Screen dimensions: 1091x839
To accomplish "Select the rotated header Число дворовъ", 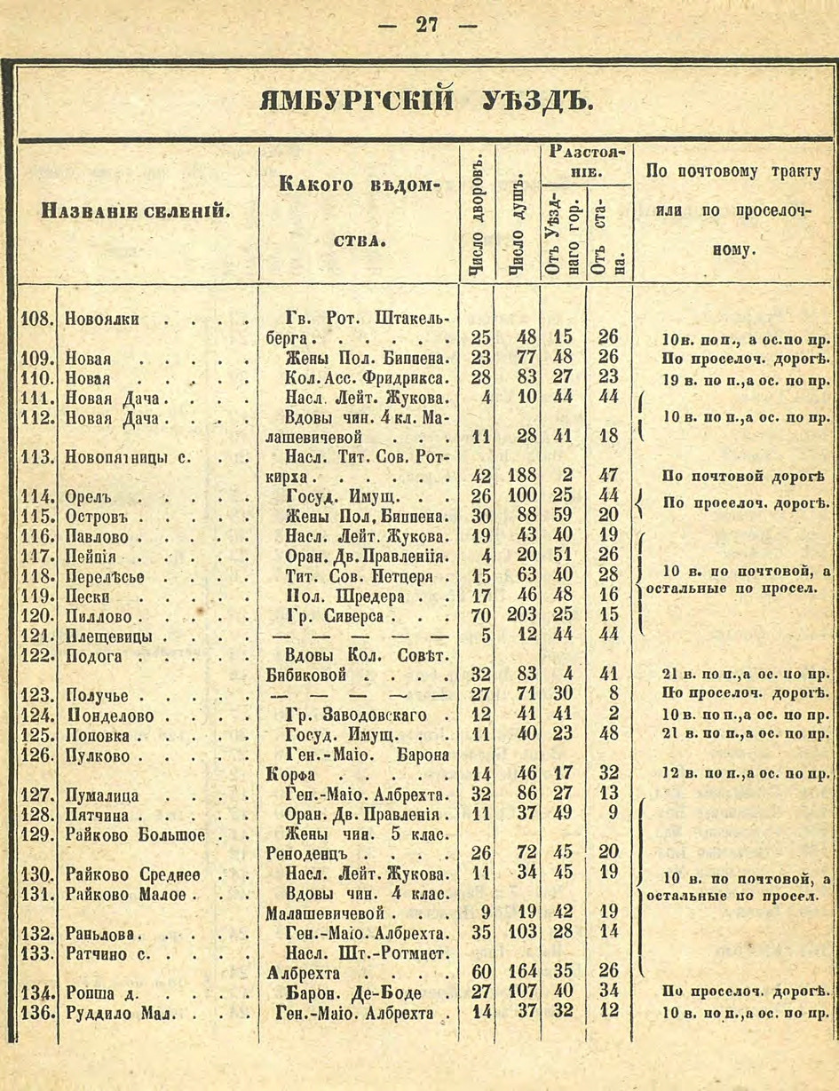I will coord(477,212).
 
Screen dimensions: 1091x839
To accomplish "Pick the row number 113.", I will coord(37,456).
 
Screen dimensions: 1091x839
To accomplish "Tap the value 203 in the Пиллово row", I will coord(520,614).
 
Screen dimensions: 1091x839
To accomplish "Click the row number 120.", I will coord(37,615).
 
